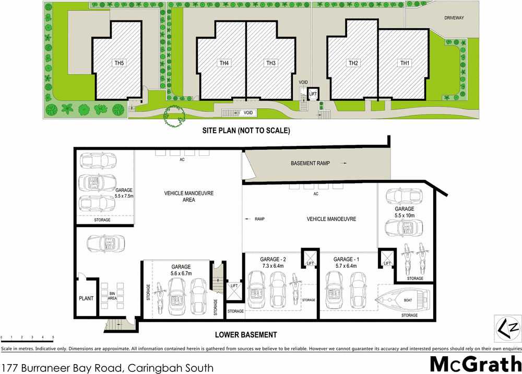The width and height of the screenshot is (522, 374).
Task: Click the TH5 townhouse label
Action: point(120,63)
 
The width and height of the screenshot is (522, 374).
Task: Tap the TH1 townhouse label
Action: point(405,63)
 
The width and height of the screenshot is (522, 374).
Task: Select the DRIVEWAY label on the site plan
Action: point(454,18)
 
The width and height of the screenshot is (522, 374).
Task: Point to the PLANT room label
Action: point(86,299)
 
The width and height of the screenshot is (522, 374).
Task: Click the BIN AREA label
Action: point(112,296)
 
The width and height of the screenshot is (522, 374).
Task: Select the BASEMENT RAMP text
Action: point(310,164)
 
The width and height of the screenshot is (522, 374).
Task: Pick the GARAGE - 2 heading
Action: point(274,259)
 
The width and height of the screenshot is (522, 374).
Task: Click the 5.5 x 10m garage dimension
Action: point(405,216)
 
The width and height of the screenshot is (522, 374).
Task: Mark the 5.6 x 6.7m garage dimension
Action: point(177,274)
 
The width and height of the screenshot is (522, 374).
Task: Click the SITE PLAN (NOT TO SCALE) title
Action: point(246,130)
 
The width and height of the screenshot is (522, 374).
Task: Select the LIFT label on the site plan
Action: point(313,94)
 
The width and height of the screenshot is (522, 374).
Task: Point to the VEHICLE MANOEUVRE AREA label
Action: point(182,196)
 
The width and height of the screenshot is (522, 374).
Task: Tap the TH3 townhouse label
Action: point(270,63)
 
